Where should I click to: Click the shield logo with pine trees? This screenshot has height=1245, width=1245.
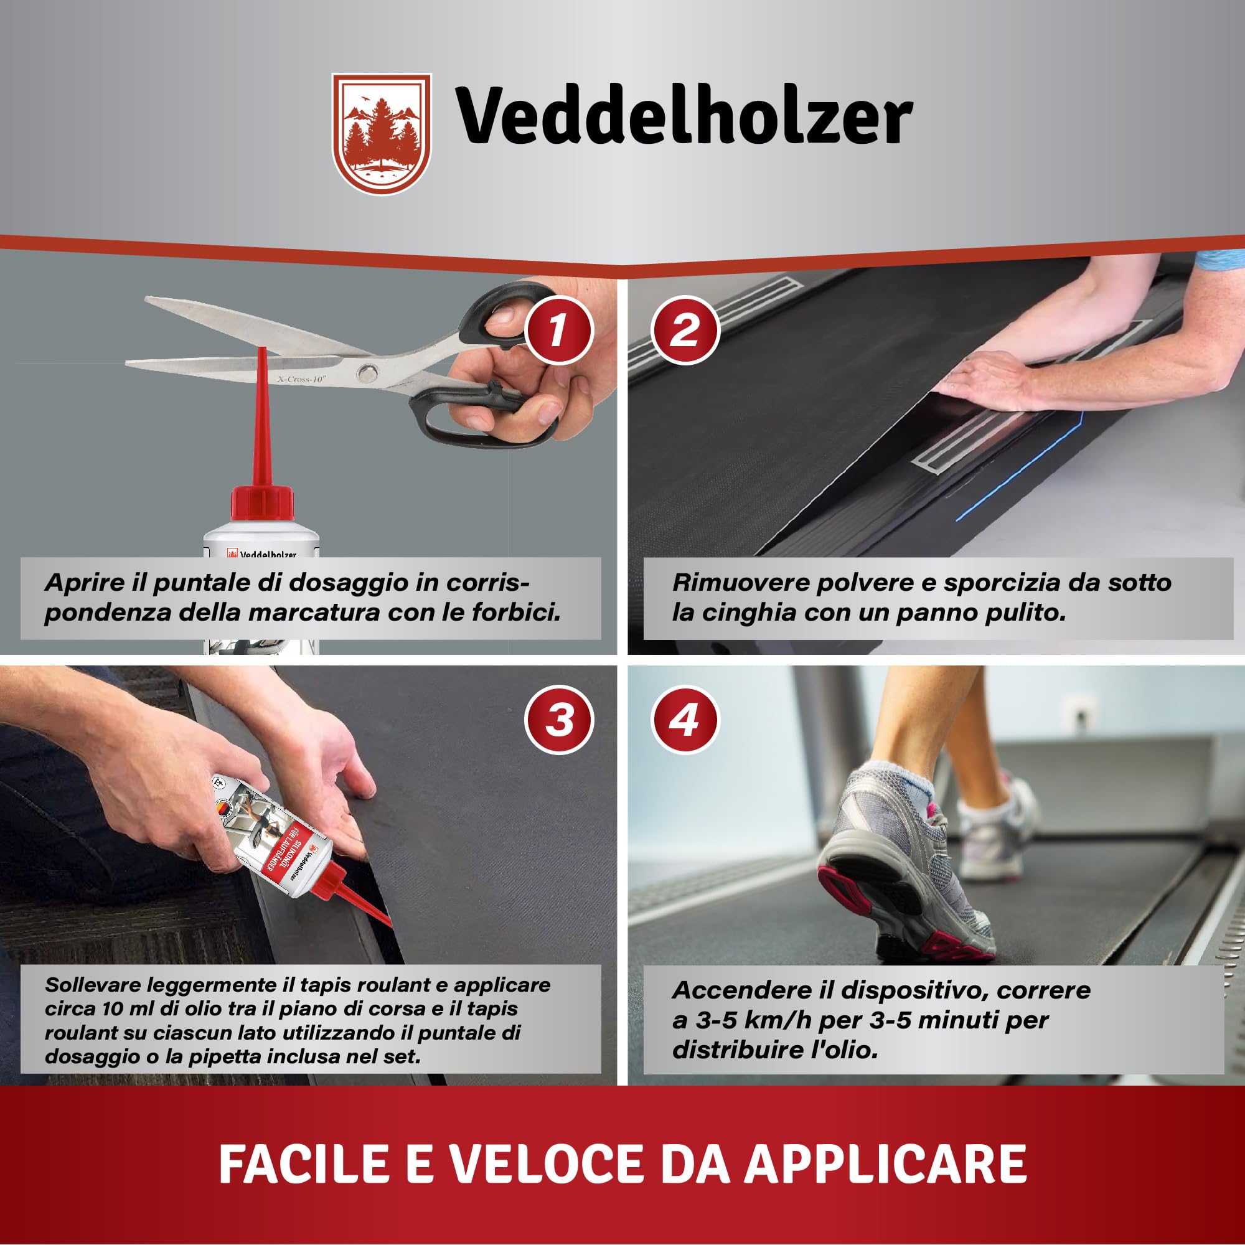pyautogui.click(x=382, y=133)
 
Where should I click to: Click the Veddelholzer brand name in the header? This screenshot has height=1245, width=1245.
pyautogui.click(x=684, y=116)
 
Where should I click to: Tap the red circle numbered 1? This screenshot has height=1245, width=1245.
pyautogui.click(x=558, y=331)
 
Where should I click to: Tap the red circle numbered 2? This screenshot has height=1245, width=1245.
pyautogui.click(x=685, y=331)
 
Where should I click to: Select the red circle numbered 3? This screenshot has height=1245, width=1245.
pyautogui.click(x=558, y=720)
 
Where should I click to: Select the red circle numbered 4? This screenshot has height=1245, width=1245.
pyautogui.click(x=685, y=720)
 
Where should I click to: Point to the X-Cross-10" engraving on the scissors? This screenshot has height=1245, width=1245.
pyautogui.click(x=301, y=380)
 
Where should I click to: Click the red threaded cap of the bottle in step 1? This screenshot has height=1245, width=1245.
pyautogui.click(x=262, y=502)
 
